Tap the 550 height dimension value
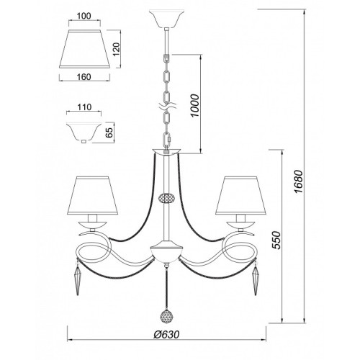pyautogui.click(x=276, y=240)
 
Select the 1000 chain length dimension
pyautogui.click(x=195, y=106)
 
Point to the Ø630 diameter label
pyautogui.click(x=166, y=334)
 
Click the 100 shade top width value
pyautogui.click(x=84, y=16)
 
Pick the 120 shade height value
pyautogui.click(x=117, y=49)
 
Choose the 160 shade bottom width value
pyautogui.click(x=84, y=77)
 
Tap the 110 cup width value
pyautogui.click(x=84, y=107)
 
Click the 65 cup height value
pyautogui.click(x=109, y=132)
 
